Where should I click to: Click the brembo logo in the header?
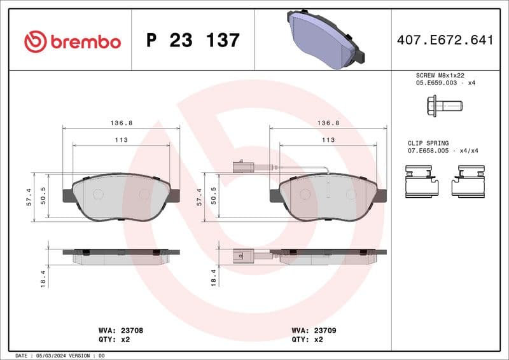click(x=72, y=42)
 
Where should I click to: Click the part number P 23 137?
click(x=193, y=41)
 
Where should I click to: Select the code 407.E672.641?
click(x=445, y=41)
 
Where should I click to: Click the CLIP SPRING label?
click(x=428, y=143)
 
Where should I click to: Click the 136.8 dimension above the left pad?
click(x=121, y=123)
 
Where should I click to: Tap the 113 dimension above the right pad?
click(x=328, y=140)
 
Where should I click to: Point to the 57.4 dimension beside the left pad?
click(x=37, y=197)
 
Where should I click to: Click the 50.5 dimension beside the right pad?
click(x=217, y=197)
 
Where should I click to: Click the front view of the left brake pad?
click(x=121, y=197)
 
